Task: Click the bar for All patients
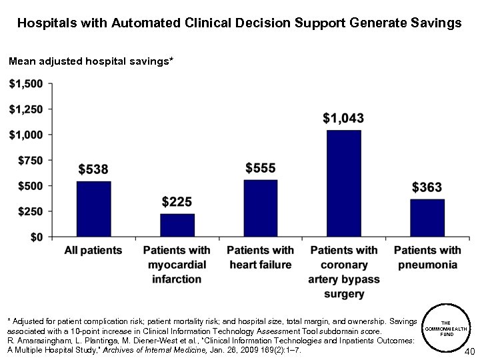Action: tap(93, 209)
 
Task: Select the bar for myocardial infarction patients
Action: tap(177, 225)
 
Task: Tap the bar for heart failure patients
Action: tap(261, 208)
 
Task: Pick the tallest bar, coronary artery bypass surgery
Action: tap(344, 183)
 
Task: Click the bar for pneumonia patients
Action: tap(427, 217)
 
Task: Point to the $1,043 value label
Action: tap(343, 119)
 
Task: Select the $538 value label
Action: tap(93, 169)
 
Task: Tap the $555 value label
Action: tap(261, 168)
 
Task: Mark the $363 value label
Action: tap(427, 187)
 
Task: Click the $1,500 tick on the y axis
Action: tap(26, 84)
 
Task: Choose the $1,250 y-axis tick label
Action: tap(26, 109)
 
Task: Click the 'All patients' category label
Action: tap(93, 251)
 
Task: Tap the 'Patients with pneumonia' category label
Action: tap(427, 257)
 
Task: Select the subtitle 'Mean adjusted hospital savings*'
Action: tap(91, 61)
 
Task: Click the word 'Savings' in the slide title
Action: tap(434, 23)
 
